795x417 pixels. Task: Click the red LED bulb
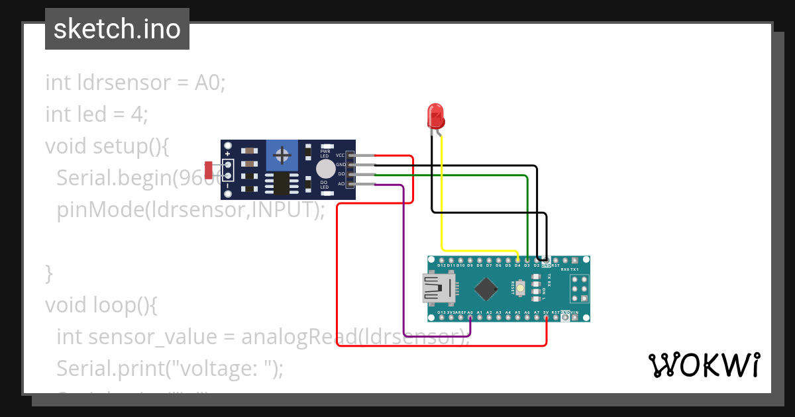coord(435,116)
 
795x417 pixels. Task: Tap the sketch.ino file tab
coord(117,29)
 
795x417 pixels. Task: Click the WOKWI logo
coord(704,365)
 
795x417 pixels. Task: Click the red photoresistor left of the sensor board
coord(209,170)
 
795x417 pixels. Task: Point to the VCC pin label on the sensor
coord(341,155)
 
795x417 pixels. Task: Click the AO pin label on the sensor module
coord(341,183)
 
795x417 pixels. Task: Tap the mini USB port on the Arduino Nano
coord(439,289)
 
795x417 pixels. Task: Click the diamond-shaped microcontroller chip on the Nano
coord(487,288)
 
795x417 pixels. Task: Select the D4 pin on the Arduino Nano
coord(517,259)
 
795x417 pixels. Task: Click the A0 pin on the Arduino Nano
coord(470,317)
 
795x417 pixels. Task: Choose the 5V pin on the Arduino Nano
coord(546,317)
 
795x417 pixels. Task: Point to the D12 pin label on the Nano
coord(441,265)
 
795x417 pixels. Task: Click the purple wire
coord(403,265)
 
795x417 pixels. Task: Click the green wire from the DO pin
coord(527,212)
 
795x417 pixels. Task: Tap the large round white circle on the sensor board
coord(325,169)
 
